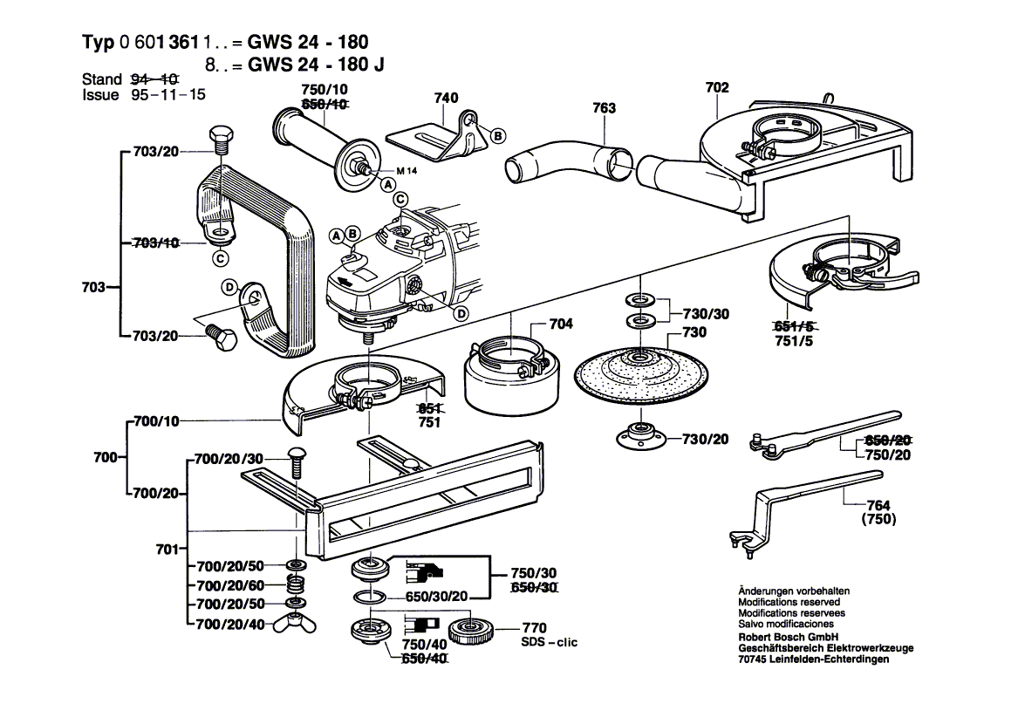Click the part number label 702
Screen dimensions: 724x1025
pos(717,87)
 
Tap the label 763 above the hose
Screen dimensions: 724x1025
pos(604,108)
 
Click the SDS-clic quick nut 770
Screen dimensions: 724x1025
pos(474,628)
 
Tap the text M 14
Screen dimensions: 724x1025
pos(407,170)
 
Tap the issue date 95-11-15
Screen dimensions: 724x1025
pos(169,95)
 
